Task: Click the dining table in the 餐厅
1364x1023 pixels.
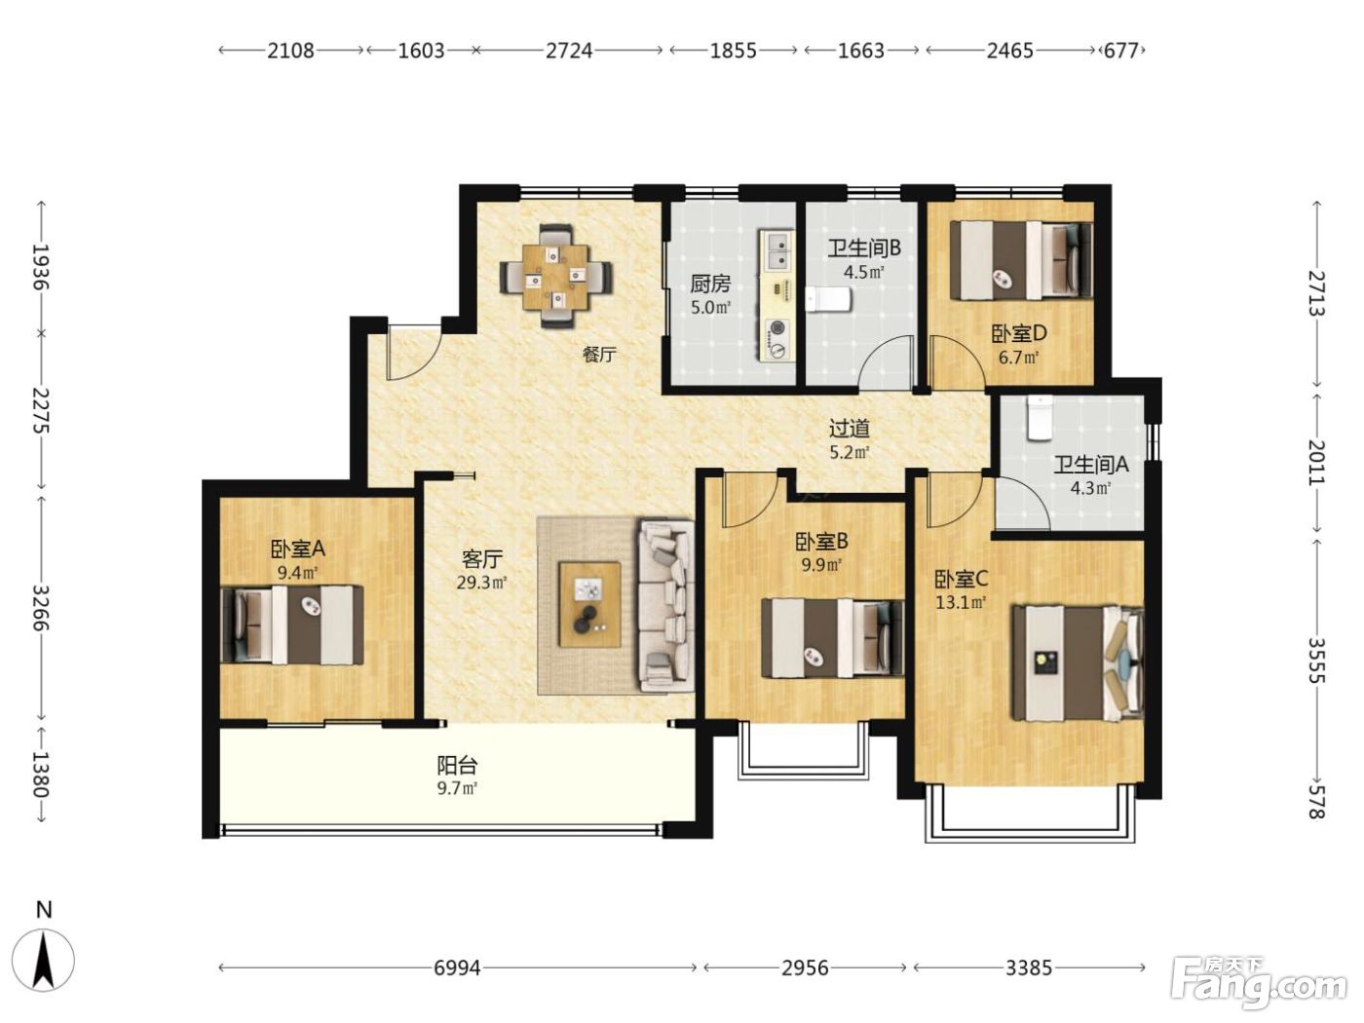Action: [x=556, y=277]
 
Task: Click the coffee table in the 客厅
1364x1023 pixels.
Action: [x=589, y=604]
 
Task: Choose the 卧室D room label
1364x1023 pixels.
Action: [x=1018, y=334]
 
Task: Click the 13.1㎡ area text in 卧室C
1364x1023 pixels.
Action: [x=961, y=601]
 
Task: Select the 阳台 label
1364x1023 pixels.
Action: [x=457, y=765]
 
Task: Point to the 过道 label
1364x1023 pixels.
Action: [x=850, y=428]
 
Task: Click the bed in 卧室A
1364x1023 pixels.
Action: [x=292, y=625]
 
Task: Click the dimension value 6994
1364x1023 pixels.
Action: [x=457, y=967]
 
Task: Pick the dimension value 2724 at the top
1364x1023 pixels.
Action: [x=569, y=50]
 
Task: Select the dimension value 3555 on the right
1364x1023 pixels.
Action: [x=1316, y=661]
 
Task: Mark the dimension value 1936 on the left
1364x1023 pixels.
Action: [x=42, y=268]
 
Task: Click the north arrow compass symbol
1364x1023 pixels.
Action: [x=43, y=961]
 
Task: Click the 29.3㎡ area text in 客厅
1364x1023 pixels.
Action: [x=482, y=583]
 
